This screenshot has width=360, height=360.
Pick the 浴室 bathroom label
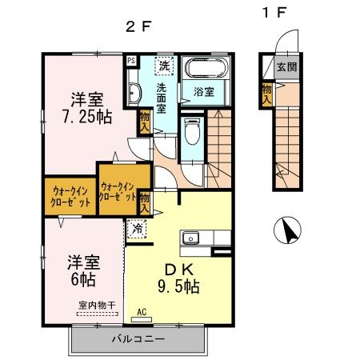(x=204, y=91)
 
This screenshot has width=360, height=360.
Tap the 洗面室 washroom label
(x=162, y=98)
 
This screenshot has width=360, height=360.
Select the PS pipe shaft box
(x=130, y=59)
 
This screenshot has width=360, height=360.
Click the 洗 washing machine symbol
(x=164, y=65)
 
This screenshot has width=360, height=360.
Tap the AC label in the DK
(x=142, y=312)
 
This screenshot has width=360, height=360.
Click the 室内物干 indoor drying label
(x=96, y=306)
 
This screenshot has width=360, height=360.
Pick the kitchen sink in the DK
(x=191, y=238)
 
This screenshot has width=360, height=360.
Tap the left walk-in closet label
(x=70, y=195)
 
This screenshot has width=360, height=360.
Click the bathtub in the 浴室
(x=205, y=70)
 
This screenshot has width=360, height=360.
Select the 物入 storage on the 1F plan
(x=266, y=94)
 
